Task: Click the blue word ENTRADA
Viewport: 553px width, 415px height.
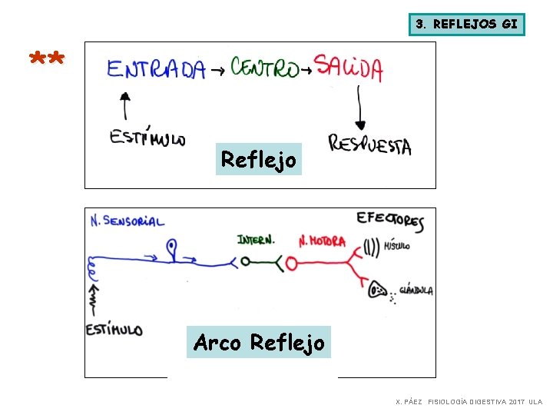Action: pyautogui.click(x=156, y=70)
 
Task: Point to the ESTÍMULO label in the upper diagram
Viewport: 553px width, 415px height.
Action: pyautogui.click(x=147, y=138)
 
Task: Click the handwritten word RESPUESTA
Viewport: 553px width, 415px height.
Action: pyautogui.click(x=369, y=144)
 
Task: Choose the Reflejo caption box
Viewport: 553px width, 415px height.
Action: pyautogui.click(x=258, y=160)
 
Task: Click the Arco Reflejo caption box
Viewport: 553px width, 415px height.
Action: pyautogui.click(x=259, y=342)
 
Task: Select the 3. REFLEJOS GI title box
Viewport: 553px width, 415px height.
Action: pyautogui.click(x=466, y=24)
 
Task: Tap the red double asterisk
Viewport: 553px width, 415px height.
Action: pyautogui.click(x=47, y=59)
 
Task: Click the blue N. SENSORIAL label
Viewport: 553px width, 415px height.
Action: pyautogui.click(x=127, y=221)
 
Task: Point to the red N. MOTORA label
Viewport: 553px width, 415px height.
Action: pyautogui.click(x=322, y=241)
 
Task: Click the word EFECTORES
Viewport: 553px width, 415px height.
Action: pyautogui.click(x=390, y=221)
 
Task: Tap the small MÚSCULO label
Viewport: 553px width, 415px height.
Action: pyautogui.click(x=397, y=247)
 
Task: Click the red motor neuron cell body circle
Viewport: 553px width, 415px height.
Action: pyautogui.click(x=291, y=264)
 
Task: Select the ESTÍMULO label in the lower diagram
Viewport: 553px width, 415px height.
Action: pyautogui.click(x=114, y=330)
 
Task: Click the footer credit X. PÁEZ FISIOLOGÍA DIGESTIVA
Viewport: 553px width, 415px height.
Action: pyautogui.click(x=469, y=402)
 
